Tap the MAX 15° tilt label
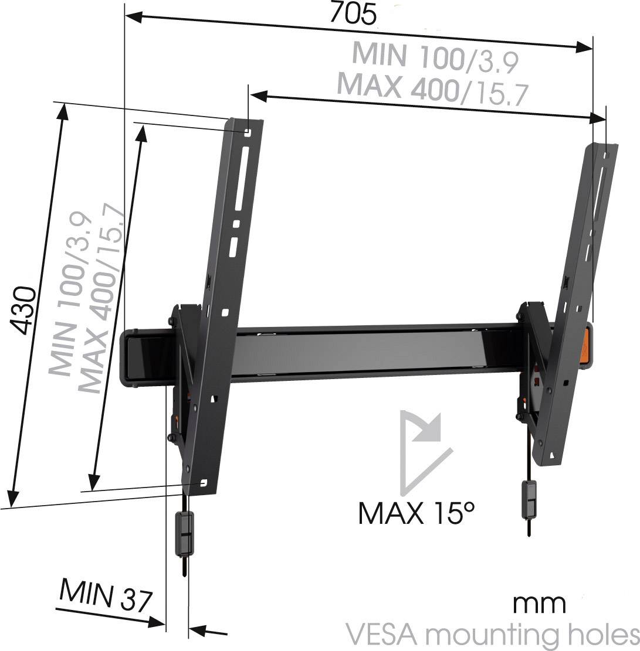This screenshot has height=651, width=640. click(416, 513)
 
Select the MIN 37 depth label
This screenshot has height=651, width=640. click(106, 597)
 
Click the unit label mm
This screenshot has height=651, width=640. click(539, 603)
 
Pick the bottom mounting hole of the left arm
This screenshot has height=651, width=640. click(204, 483)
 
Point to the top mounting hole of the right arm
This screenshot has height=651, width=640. click(608, 155)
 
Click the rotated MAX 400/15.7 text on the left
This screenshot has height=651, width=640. click(103, 299)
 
